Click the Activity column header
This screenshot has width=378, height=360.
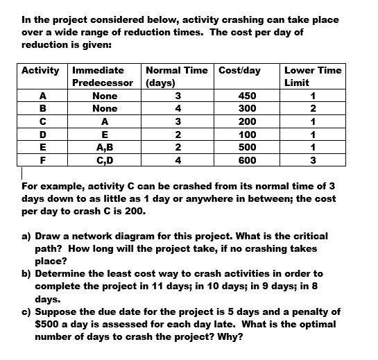41,70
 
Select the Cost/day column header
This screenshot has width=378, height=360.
240,70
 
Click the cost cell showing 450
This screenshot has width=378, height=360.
247,96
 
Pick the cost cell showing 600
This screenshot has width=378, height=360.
247,160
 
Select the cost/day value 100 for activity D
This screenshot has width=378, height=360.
247,135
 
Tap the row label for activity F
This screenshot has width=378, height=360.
43,160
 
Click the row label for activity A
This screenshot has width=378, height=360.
43,96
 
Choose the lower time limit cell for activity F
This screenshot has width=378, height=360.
313,160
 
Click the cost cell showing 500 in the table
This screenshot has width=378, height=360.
247,147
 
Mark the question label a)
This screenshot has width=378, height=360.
28,237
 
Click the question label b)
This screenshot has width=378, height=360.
28,274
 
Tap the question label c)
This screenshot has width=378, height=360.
28,311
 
